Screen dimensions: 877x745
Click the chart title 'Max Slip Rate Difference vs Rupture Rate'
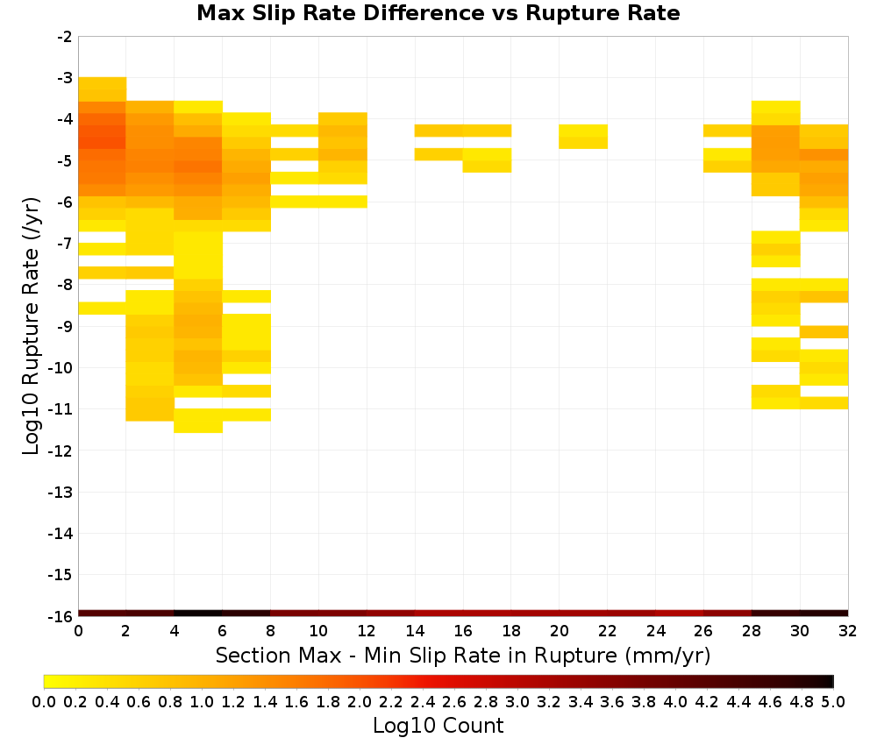tap(438, 13)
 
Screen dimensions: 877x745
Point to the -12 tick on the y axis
tap(61, 451)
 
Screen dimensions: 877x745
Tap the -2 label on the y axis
tap(65, 37)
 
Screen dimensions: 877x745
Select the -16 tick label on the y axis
tap(61, 616)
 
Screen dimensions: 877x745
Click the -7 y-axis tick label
tap(65, 244)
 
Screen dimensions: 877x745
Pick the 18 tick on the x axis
tap(511, 631)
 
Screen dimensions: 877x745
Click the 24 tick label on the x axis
tap(655, 631)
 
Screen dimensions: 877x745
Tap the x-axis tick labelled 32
tap(848, 631)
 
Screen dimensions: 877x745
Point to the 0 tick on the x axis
tap(78, 631)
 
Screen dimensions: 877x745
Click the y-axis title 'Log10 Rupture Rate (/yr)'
tap(31, 326)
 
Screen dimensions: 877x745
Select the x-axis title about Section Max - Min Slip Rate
tap(463, 655)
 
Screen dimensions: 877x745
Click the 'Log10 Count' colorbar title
tap(438, 726)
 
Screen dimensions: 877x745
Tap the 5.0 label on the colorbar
tap(833, 701)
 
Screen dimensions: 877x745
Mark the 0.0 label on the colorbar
tap(44, 701)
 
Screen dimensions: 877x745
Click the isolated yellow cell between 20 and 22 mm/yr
tap(583, 137)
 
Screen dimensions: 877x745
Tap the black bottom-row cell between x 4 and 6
tap(198, 614)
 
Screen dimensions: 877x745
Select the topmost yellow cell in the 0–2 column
tap(103, 83)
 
